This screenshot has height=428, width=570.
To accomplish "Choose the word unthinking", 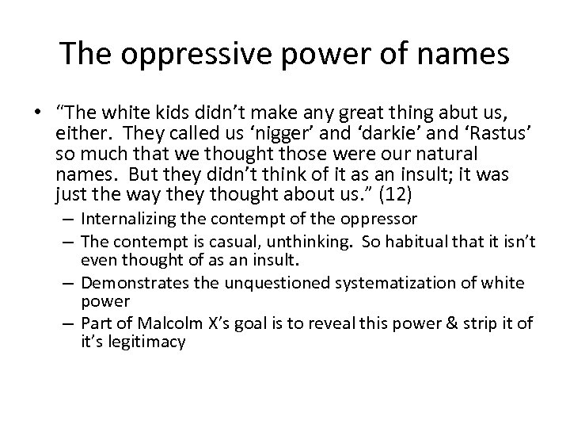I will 315,240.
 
